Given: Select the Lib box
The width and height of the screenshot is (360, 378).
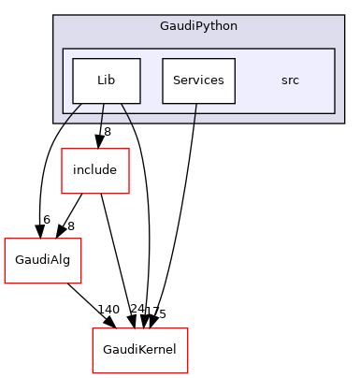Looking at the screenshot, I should pos(106,80).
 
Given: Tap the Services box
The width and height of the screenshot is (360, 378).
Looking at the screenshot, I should pos(198,80).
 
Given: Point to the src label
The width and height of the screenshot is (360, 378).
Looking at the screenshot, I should pos(290,80).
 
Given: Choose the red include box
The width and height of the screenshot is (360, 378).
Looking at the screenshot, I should pos(94,170).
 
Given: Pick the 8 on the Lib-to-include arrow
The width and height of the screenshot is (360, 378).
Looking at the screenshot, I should pos(108,132).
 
